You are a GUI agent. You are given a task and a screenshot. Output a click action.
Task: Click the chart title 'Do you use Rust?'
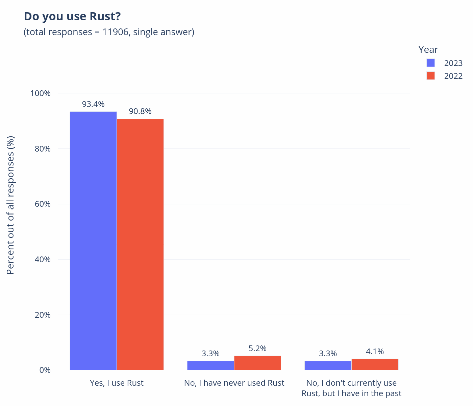pyautogui.click(x=72, y=16)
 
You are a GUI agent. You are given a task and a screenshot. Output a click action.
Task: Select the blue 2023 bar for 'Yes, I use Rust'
pyautogui.click(x=93, y=240)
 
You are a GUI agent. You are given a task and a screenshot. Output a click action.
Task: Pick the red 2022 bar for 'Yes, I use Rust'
pyautogui.click(x=140, y=244)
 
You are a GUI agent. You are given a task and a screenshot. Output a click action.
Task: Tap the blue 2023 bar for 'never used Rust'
pyautogui.click(x=210, y=365)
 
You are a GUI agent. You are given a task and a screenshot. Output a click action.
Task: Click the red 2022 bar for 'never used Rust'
pyautogui.click(x=257, y=363)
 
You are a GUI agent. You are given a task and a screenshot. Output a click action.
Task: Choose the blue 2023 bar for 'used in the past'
pyautogui.click(x=328, y=365)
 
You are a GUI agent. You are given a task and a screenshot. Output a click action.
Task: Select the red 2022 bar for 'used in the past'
pyautogui.click(x=375, y=364)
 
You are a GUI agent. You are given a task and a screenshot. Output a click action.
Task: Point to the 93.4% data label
pyautogui.click(x=93, y=104)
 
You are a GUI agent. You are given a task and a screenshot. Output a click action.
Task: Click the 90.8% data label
pyautogui.click(x=140, y=111)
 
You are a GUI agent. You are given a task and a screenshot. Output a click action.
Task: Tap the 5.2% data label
pyautogui.click(x=257, y=348)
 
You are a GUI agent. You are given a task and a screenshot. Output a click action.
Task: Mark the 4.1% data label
pyautogui.click(x=375, y=352)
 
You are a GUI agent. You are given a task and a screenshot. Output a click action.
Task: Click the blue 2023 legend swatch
pyautogui.click(x=430, y=63)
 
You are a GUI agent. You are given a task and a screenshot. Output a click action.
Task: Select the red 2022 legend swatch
pyautogui.click(x=430, y=76)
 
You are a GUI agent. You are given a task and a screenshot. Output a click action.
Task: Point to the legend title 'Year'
pyautogui.click(x=428, y=50)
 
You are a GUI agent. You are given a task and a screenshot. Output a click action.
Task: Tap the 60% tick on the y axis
pyautogui.click(x=43, y=204)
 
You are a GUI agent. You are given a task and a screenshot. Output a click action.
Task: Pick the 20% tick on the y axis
pyautogui.click(x=43, y=315)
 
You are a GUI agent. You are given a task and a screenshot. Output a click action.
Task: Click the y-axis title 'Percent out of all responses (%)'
pyautogui.click(x=11, y=205)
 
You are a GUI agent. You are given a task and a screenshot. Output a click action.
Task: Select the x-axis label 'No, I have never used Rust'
pyautogui.click(x=234, y=383)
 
